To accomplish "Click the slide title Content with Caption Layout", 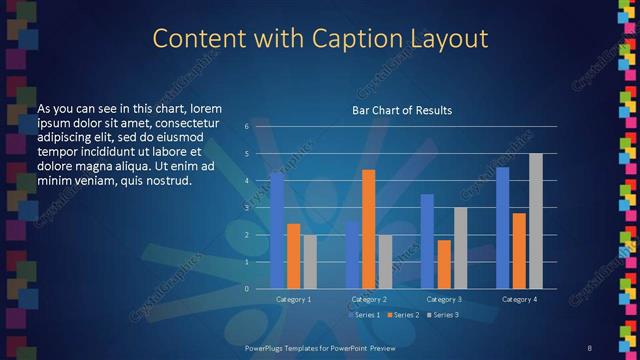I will point(320,40).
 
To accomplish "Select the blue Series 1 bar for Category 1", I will point(277,230).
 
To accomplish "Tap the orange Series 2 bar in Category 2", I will point(368,229).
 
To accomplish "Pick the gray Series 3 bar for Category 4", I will point(536,221).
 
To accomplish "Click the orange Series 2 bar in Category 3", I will point(444,264).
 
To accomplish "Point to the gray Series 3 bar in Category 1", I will point(309,261).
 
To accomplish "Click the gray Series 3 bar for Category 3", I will point(460,248).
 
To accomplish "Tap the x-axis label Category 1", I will point(293,299).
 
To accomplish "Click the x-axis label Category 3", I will point(444,299).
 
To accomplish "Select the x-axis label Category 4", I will point(519,299).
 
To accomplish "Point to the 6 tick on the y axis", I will point(247,126).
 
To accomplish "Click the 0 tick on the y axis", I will point(247,289).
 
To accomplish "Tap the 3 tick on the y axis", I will point(247,208).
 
